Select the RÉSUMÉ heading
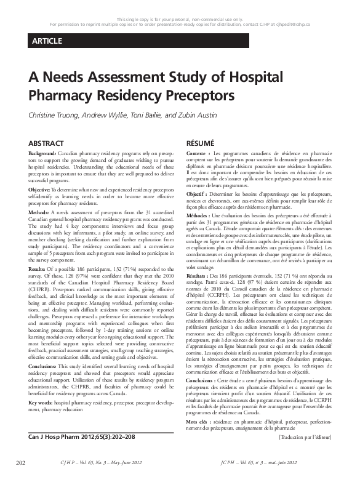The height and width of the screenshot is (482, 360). (200, 142)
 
